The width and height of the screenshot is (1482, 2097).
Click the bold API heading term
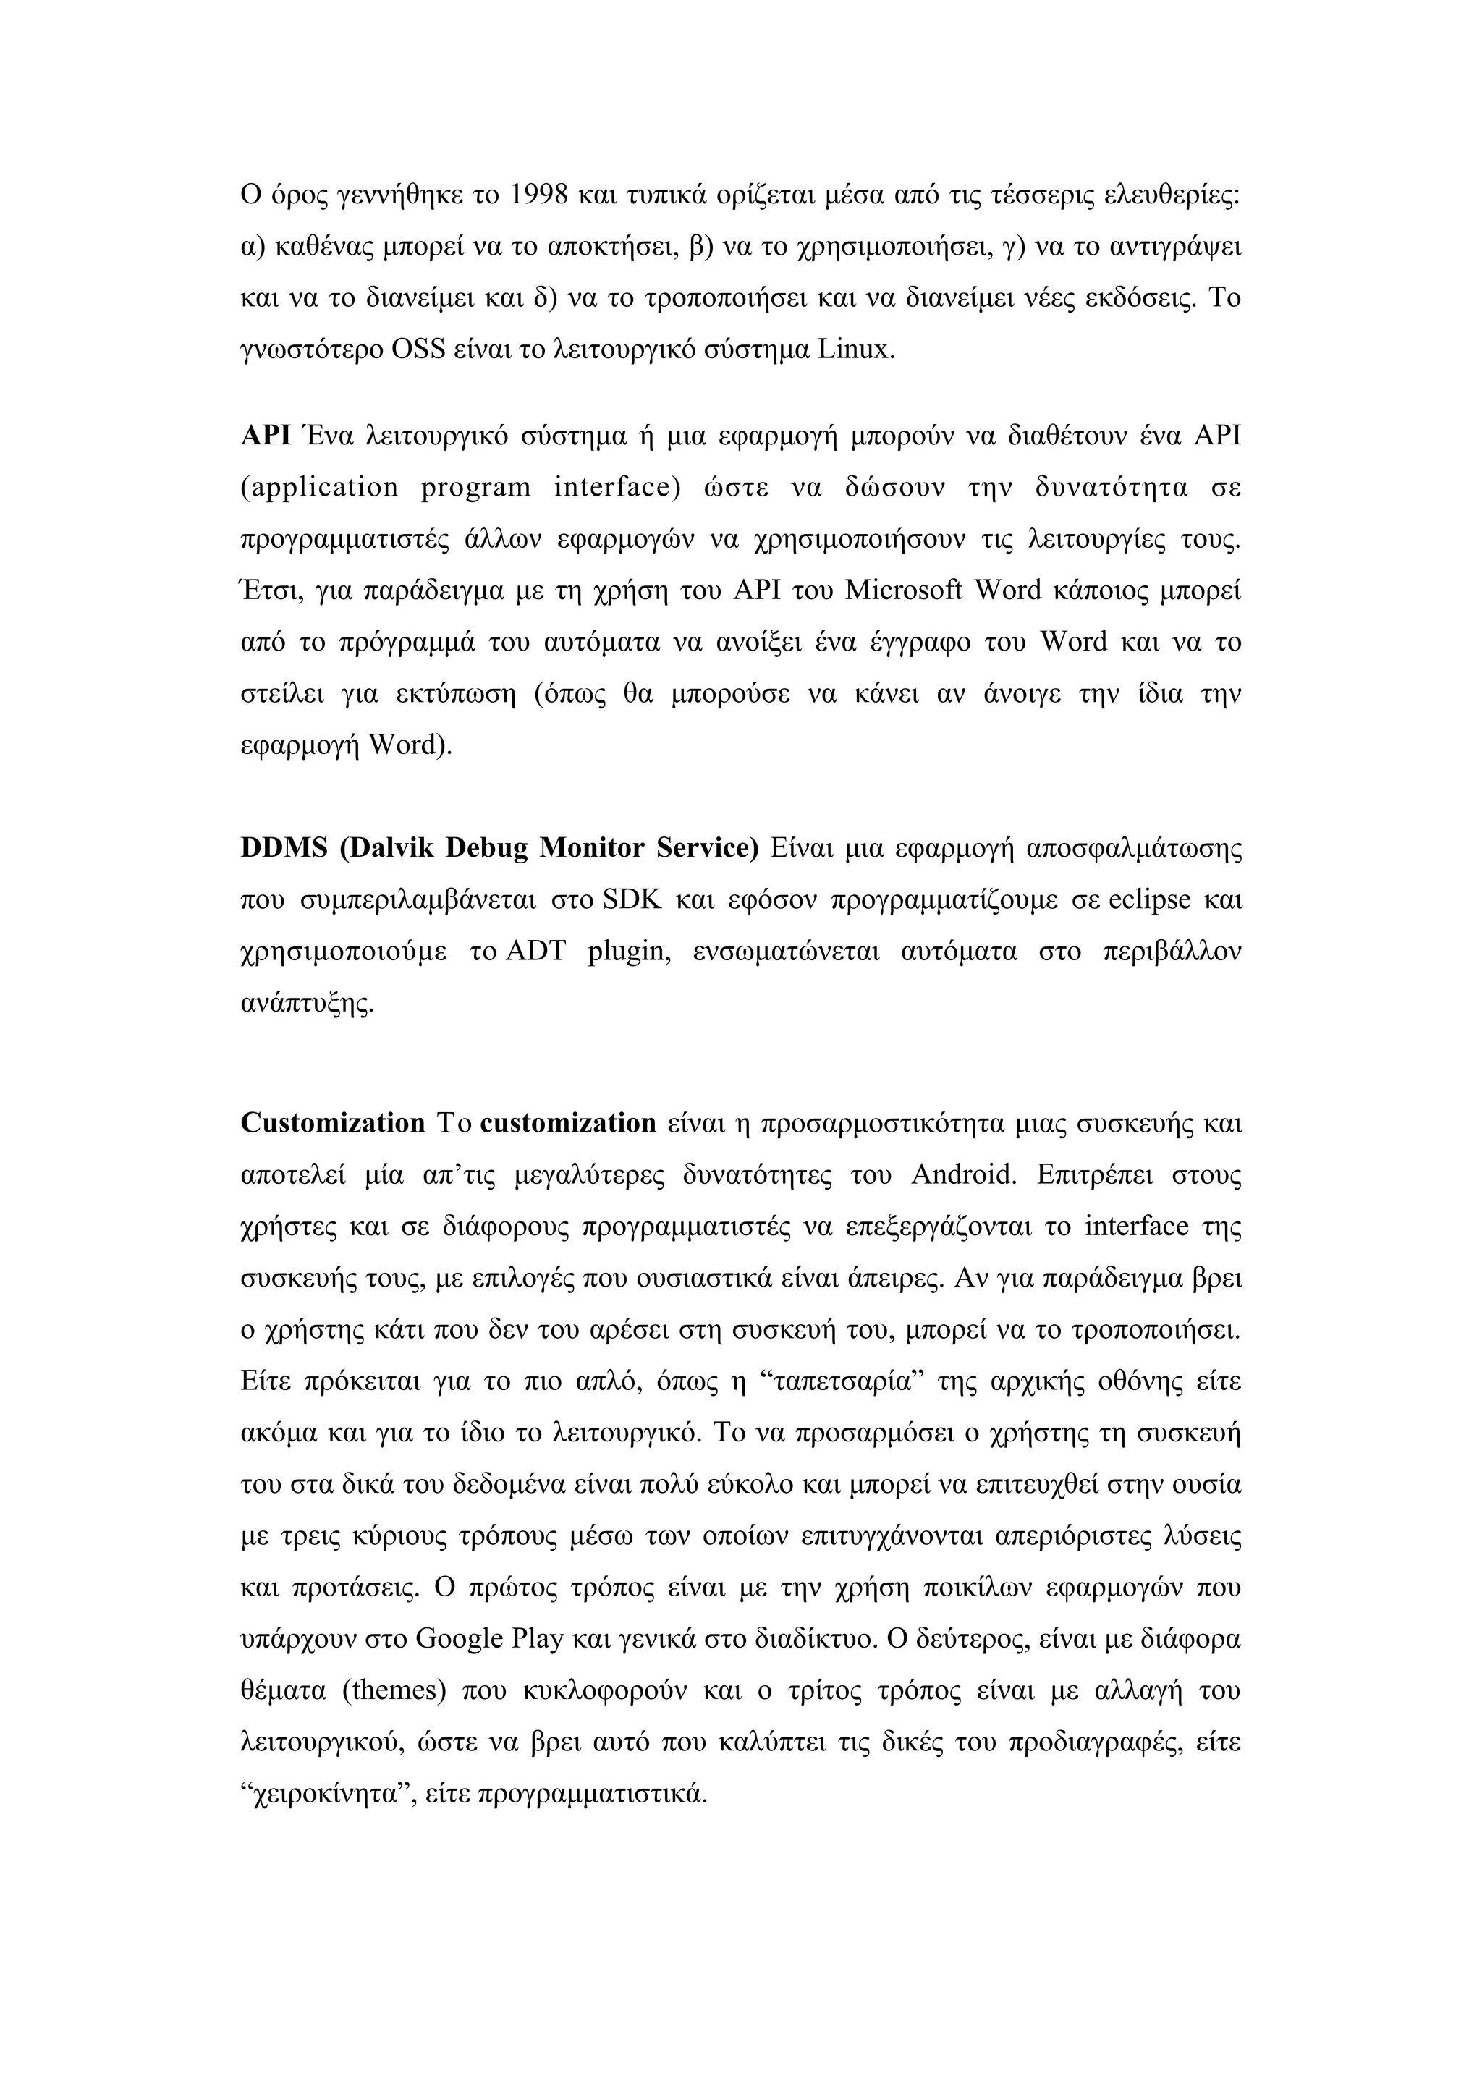coord(266,436)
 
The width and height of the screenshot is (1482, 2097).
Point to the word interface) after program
coord(618,488)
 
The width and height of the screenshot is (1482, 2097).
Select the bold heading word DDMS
coord(284,849)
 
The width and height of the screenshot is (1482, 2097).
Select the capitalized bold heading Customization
coord(332,1123)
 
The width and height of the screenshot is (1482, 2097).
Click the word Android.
coord(963,1174)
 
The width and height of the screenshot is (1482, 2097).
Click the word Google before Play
coord(460,1640)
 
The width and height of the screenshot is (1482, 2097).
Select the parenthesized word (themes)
coord(394,1692)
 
